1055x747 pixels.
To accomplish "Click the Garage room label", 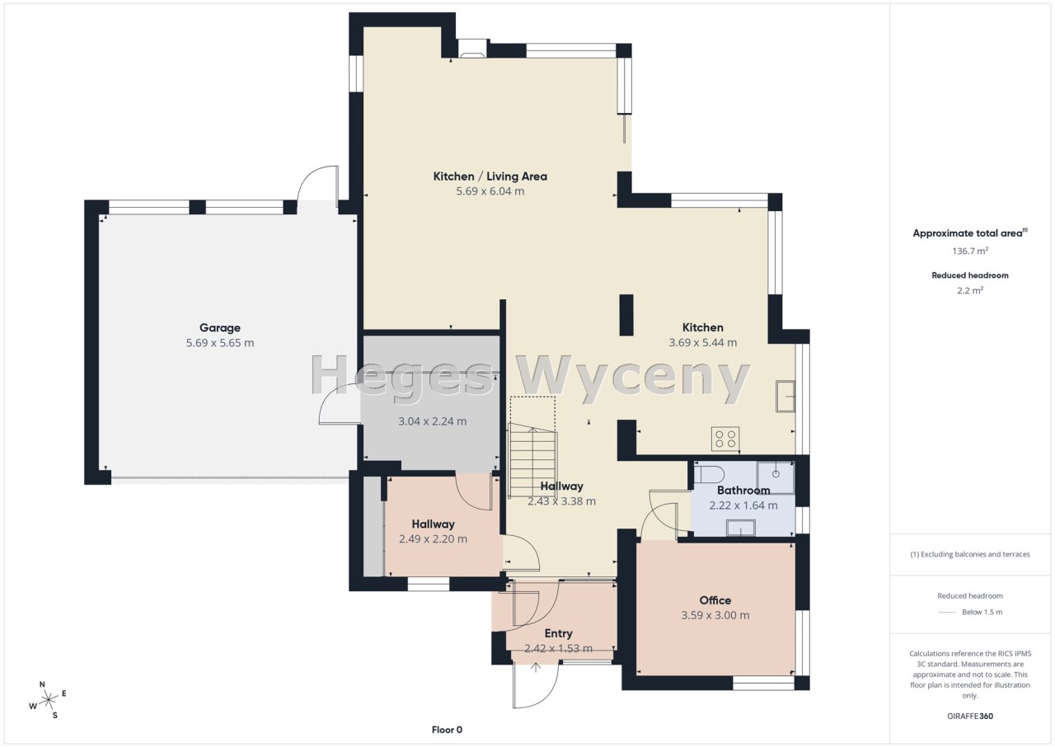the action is click(x=220, y=328).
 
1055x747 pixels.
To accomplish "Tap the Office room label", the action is click(x=715, y=600).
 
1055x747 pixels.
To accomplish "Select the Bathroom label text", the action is click(x=743, y=491).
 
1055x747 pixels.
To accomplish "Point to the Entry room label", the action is click(x=559, y=633).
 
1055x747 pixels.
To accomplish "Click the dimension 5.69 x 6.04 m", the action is click(x=490, y=191).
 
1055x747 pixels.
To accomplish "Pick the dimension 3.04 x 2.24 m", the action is click(x=433, y=421).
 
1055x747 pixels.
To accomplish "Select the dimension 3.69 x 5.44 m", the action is click(x=703, y=342).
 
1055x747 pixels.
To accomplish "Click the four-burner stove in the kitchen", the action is click(x=725, y=439).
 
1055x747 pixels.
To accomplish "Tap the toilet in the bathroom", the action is click(x=710, y=475).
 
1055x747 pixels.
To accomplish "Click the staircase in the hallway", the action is click(x=532, y=459).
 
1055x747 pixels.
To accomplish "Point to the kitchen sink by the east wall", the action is click(x=785, y=397).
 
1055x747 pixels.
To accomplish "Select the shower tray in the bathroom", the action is click(x=776, y=477).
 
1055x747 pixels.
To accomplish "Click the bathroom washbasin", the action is click(x=741, y=528).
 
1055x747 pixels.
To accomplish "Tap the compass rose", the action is click(x=48, y=700).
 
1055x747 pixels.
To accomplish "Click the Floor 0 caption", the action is click(x=447, y=730).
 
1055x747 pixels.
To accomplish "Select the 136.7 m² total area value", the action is click(x=970, y=251).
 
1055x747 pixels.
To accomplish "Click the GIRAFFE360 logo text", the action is click(x=970, y=716).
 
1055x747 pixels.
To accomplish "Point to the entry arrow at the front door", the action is click(x=536, y=667).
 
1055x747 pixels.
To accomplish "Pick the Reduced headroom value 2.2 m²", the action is click(x=970, y=290).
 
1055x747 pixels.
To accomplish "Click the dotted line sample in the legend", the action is click(x=947, y=613).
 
